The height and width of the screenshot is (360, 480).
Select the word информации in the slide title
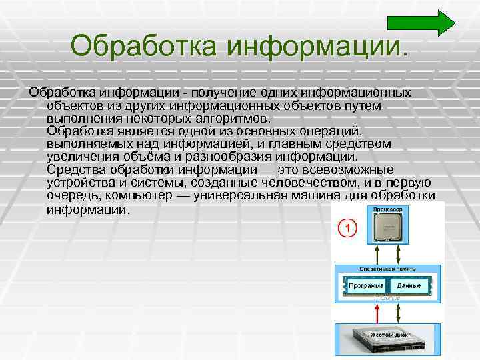tap(314, 46)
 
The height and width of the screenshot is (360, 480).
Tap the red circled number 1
tap(347, 229)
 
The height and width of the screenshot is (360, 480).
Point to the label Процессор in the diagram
tap(388, 209)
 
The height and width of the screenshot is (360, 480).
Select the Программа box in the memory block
tap(365, 285)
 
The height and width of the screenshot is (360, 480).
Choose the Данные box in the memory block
tap(409, 285)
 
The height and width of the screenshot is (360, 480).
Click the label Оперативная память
tap(387, 268)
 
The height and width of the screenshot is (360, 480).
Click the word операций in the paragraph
tap(322, 131)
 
